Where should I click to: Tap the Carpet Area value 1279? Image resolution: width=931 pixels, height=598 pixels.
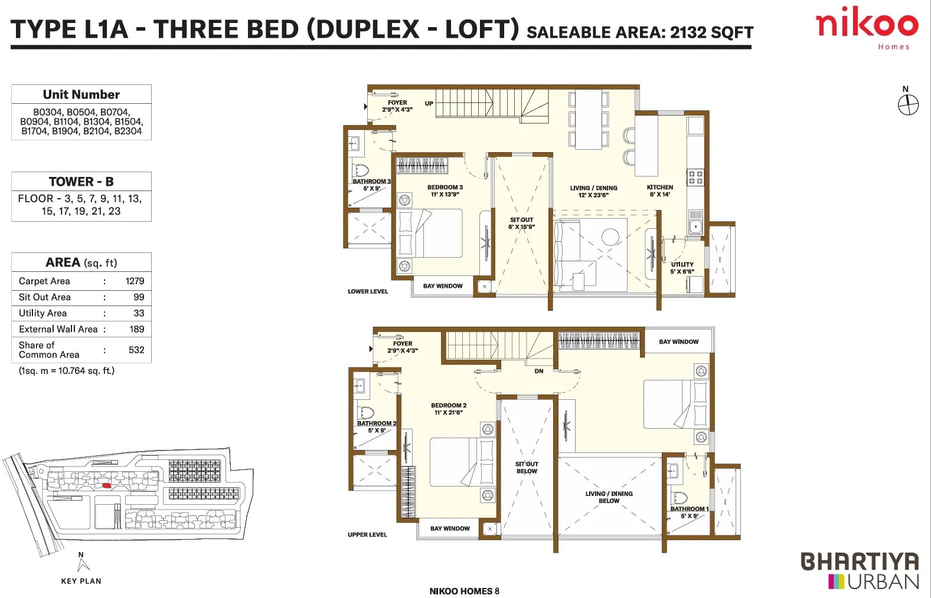(x=135, y=281)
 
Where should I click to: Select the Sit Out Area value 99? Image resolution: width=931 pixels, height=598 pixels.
(x=139, y=297)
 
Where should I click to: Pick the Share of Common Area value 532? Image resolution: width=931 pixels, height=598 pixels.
(x=136, y=350)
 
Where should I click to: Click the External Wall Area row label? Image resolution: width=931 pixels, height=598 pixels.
(x=58, y=329)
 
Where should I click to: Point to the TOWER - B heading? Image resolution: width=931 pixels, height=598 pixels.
(x=81, y=182)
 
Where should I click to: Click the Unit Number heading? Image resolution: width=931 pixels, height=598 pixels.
(x=81, y=95)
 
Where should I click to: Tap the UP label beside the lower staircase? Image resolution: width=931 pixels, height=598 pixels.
(x=429, y=103)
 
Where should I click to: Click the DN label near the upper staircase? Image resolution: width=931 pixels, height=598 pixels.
(x=538, y=372)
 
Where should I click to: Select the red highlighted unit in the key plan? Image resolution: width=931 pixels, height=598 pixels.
(x=106, y=485)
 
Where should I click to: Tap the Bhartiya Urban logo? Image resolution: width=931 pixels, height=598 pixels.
(x=860, y=571)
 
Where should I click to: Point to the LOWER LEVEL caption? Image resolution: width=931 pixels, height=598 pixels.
(x=368, y=291)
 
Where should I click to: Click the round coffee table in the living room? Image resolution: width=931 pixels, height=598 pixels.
(x=610, y=237)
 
